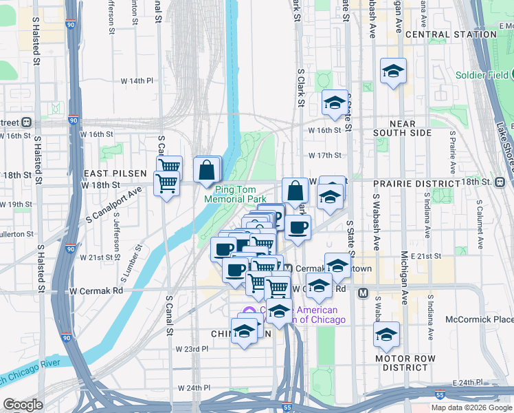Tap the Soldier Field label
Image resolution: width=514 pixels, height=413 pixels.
click(x=480, y=75)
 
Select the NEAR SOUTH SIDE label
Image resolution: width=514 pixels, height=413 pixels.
click(x=403, y=128)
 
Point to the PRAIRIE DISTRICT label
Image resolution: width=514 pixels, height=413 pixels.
click(x=416, y=184)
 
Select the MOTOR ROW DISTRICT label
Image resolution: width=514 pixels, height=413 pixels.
click(x=405, y=363)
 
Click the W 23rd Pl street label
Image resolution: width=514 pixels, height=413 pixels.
click(x=192, y=349)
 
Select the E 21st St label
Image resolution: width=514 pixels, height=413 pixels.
click(x=427, y=256)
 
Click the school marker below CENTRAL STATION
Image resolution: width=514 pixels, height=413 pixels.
click(x=394, y=72)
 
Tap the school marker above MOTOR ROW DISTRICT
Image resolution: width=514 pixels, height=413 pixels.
click(x=386, y=335)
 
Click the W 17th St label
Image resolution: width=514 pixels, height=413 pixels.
click(x=325, y=156)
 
